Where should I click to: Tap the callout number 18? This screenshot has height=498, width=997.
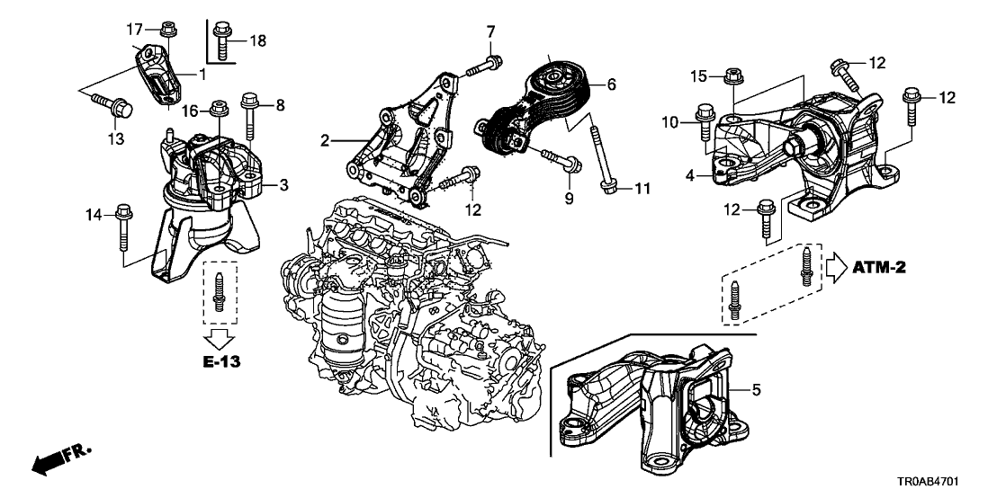coord(257,40)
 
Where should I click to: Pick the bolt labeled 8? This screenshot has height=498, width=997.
coord(249,113)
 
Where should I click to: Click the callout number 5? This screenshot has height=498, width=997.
coord(756,390)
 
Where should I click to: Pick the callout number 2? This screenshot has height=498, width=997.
coord(325,140)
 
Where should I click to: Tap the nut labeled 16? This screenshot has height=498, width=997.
coord(217,111)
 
